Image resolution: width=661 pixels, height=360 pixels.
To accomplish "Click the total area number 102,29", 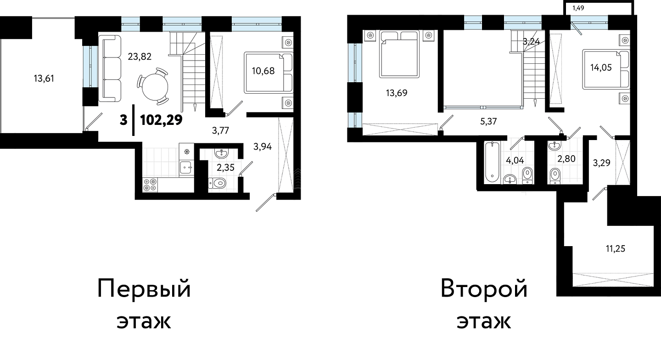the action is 162,120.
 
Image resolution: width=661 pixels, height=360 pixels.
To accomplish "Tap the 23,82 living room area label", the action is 140,56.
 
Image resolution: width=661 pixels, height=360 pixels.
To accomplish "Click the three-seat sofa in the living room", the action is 110,68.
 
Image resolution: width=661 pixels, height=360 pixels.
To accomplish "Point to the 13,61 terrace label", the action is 44,79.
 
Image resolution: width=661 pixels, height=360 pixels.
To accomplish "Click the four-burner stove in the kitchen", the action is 150,185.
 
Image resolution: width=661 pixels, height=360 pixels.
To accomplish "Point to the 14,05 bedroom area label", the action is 601,67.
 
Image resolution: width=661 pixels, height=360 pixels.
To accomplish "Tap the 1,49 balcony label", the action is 578,8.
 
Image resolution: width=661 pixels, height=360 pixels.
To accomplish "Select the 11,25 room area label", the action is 616,249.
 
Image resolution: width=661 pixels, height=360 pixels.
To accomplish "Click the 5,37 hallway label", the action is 489,121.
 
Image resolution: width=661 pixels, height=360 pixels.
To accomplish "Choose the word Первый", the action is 144,289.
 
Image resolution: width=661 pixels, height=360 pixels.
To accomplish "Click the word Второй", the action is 484,289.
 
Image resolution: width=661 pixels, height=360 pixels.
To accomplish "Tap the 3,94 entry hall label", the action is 263,146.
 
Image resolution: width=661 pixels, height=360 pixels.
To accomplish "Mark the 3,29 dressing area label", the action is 602,163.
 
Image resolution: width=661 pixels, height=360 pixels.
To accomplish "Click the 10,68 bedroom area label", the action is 263,71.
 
